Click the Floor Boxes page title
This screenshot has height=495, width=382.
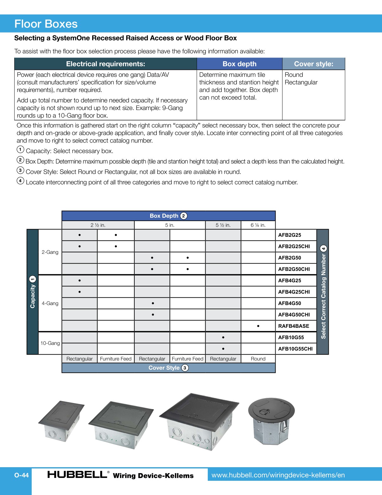click(x=46, y=24)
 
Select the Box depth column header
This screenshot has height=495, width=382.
click(x=239, y=64)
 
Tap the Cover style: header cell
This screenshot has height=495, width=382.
click(x=314, y=64)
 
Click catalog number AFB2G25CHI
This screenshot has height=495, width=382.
click(x=294, y=246)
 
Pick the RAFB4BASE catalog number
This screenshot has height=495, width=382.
click(x=293, y=326)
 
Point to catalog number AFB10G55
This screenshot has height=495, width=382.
click(x=291, y=337)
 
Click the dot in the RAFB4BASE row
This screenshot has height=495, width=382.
click(x=258, y=326)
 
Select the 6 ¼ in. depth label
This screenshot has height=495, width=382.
click(x=258, y=225)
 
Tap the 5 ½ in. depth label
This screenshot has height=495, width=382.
click(x=223, y=225)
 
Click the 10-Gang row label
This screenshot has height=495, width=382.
click(x=50, y=343)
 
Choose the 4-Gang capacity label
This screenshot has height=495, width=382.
click(x=50, y=303)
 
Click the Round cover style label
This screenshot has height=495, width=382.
click(x=258, y=359)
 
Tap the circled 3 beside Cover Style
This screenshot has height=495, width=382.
click(x=185, y=368)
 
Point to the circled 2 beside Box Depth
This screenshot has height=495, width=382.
click(x=184, y=216)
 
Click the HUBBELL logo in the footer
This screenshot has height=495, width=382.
click(x=77, y=474)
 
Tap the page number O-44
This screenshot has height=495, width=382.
click(x=22, y=475)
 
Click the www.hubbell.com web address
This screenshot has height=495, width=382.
click(x=278, y=475)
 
